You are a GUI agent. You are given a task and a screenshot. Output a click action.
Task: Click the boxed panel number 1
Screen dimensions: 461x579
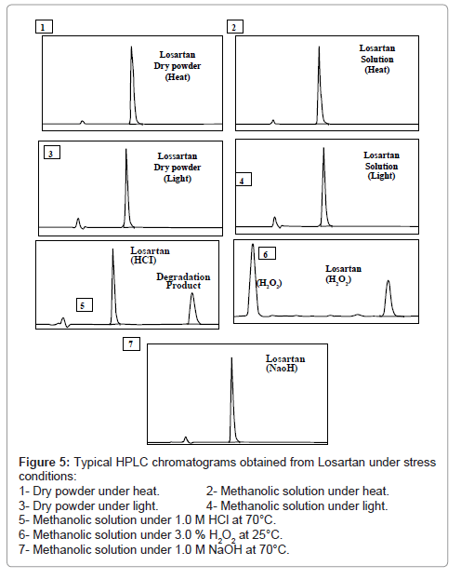point(44,27)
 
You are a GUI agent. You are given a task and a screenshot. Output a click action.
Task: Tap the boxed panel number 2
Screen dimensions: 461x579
point(234,27)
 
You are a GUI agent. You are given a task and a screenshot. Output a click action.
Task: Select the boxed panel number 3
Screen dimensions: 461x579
point(52,153)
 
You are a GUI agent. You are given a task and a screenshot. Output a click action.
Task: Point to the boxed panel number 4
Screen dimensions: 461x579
point(244,180)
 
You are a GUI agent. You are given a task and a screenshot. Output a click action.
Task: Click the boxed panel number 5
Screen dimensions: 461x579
point(84,305)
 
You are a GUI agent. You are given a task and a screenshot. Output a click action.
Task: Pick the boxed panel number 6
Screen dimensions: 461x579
point(267,254)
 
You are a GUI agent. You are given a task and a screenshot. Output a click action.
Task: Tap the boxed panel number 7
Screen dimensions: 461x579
point(131,344)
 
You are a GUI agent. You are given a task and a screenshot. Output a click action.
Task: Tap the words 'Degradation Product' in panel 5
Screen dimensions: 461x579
point(183,281)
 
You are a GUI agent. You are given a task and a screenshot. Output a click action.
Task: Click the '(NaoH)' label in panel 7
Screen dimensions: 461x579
point(282,368)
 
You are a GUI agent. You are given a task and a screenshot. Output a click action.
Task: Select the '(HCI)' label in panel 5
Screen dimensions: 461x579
point(143,260)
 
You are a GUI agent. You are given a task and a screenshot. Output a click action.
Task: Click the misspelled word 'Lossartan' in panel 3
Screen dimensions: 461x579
point(178,155)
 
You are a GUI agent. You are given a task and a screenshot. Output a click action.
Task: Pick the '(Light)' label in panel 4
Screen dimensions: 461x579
point(381,176)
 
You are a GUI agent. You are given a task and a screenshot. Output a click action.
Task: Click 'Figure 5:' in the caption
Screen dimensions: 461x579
point(45,463)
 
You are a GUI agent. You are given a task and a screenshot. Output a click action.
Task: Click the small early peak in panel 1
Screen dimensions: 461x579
point(82,122)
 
